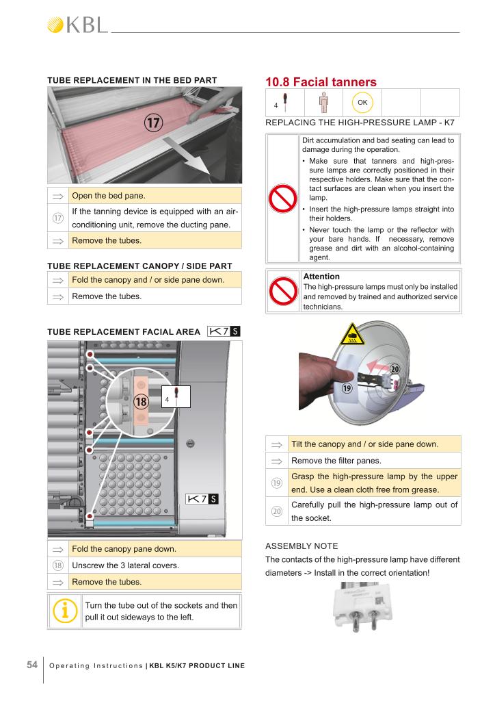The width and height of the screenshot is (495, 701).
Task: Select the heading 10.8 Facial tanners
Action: [x=321, y=82]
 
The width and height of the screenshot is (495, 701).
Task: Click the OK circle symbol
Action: [x=362, y=103]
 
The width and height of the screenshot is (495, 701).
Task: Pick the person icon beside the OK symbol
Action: [x=324, y=103]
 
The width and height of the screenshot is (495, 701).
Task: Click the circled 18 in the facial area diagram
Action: [x=142, y=402]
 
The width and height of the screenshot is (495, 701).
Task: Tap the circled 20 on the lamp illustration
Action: [x=395, y=369]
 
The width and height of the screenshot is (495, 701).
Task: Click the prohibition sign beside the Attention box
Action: [x=283, y=292]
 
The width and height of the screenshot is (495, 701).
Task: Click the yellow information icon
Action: [x=66, y=611]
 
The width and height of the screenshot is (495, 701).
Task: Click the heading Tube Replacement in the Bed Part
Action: [x=132, y=80]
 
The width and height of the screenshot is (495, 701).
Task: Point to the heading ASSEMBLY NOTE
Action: [x=301, y=546]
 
